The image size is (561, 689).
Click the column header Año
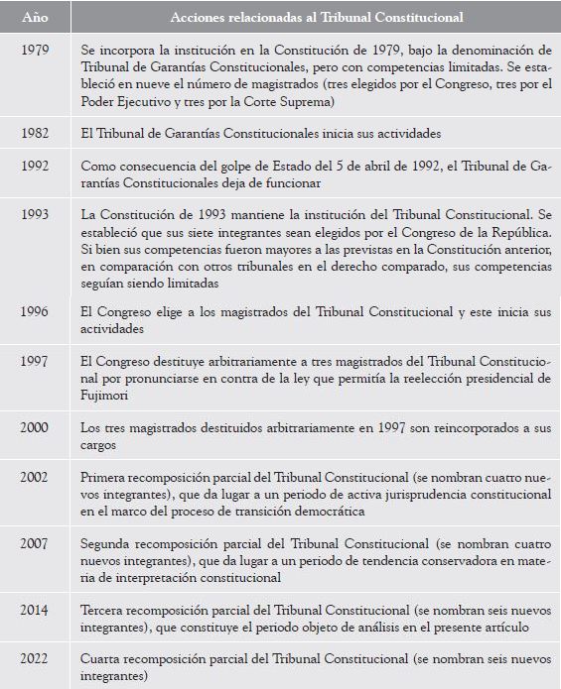pos(34,18)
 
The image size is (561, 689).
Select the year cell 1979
pos(35,49)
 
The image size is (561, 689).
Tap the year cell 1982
pos(35,132)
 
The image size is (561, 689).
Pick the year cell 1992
pos(35,167)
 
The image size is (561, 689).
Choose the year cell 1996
pos(35,312)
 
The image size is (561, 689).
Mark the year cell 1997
pos(35,361)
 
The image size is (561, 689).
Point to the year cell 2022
pos(35,657)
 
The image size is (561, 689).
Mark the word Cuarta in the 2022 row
pos(102,657)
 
